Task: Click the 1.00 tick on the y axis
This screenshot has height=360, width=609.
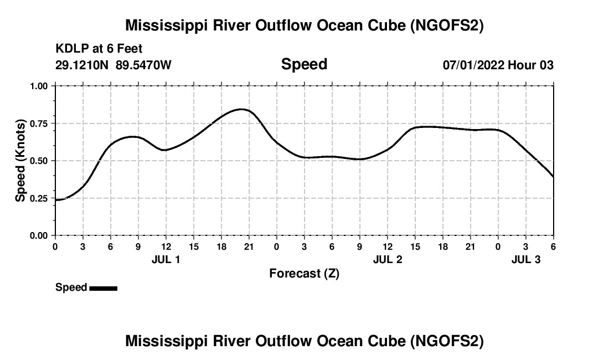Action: [x=39, y=86]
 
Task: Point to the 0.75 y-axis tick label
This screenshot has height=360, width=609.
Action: [x=39, y=124]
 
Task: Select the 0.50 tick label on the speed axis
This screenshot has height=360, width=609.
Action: [x=39, y=161]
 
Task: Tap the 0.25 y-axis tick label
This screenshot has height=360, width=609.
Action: [x=39, y=198]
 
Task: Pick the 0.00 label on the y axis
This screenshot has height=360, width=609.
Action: [x=39, y=236]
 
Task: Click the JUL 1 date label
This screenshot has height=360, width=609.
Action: [x=166, y=259]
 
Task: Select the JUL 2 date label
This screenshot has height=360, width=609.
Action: [x=388, y=259]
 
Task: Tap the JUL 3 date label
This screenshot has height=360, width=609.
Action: [x=526, y=259]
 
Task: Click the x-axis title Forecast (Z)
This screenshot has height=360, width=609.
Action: [x=304, y=273]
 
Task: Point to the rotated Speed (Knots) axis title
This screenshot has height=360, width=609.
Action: [x=20, y=160]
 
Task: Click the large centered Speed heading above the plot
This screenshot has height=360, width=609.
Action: [x=304, y=64]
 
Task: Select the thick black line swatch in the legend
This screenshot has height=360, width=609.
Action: [x=103, y=288]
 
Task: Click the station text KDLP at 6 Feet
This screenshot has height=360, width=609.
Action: [x=99, y=49]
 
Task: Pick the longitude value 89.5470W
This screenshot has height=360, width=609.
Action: [x=143, y=65]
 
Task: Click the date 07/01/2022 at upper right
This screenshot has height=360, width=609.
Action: [x=473, y=65]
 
